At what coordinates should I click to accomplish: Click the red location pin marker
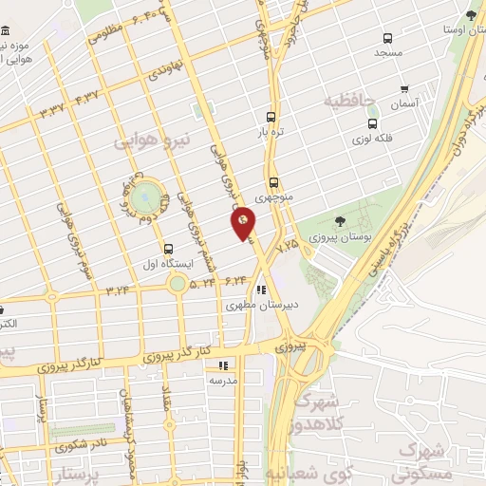tap(243, 223)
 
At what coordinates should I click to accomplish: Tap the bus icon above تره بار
tap(271, 118)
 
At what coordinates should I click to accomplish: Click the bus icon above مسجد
tap(387, 39)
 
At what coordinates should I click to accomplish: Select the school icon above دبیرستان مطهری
tap(260, 291)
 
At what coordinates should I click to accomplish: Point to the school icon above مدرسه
tap(223, 364)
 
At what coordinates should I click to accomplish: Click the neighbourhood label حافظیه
tap(350, 100)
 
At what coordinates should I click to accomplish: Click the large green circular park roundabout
tap(144, 198)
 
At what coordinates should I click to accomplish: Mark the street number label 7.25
tap(286, 245)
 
